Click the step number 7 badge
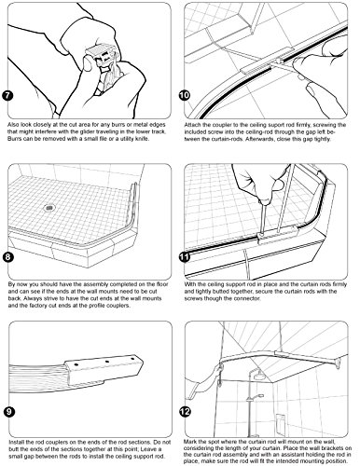[7, 95]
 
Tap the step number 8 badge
[7, 257]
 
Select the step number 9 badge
[9, 412]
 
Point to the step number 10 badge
[185, 95]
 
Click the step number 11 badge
[185, 257]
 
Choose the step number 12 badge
[185, 412]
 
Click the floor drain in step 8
[48, 207]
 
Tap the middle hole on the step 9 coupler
[106, 362]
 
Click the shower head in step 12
[257, 377]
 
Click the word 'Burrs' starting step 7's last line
[14, 139]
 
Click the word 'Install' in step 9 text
[17, 443]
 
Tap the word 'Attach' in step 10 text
[191, 125]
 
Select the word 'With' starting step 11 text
[189, 284]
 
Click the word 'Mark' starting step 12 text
[189, 442]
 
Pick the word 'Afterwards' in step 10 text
[257, 139]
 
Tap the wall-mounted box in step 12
[280, 422]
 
